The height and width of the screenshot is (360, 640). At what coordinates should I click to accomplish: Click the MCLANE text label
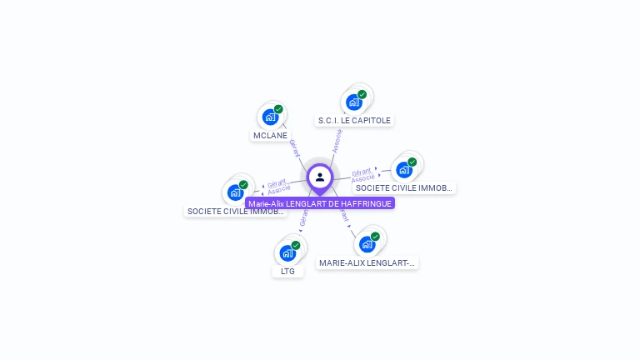(x=269, y=135)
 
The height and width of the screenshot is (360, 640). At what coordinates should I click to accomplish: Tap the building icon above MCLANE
(x=269, y=117)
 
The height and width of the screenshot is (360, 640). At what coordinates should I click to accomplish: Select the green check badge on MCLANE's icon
(x=278, y=109)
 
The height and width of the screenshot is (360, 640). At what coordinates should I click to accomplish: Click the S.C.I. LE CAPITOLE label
(x=354, y=120)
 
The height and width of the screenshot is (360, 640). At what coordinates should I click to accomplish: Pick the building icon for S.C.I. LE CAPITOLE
(x=353, y=102)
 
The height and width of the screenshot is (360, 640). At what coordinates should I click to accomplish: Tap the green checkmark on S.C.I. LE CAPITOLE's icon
(x=362, y=94)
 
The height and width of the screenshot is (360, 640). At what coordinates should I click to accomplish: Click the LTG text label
(x=287, y=271)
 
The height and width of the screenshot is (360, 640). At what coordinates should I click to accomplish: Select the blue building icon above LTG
(x=287, y=253)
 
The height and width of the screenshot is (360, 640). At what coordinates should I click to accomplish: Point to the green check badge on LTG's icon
(x=296, y=245)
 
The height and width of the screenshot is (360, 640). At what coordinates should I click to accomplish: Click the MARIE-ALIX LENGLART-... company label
(x=367, y=262)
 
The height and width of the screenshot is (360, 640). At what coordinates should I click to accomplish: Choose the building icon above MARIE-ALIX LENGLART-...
(x=367, y=244)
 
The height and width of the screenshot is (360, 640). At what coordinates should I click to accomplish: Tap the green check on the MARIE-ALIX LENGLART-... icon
(x=375, y=236)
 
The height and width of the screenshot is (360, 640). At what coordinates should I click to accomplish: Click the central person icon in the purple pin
(x=320, y=177)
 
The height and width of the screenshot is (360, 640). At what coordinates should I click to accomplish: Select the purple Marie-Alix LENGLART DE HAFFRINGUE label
(x=320, y=203)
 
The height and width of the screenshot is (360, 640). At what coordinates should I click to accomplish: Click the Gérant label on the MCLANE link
(x=294, y=148)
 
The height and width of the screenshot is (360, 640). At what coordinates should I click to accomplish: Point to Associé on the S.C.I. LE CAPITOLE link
(x=337, y=139)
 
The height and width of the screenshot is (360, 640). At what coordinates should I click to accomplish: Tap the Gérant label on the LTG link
(x=304, y=217)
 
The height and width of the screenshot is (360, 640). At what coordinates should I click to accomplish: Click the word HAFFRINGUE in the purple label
(x=366, y=203)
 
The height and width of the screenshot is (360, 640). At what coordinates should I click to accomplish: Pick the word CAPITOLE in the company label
(x=371, y=120)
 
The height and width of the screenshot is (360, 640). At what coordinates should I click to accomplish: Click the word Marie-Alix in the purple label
(x=266, y=203)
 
